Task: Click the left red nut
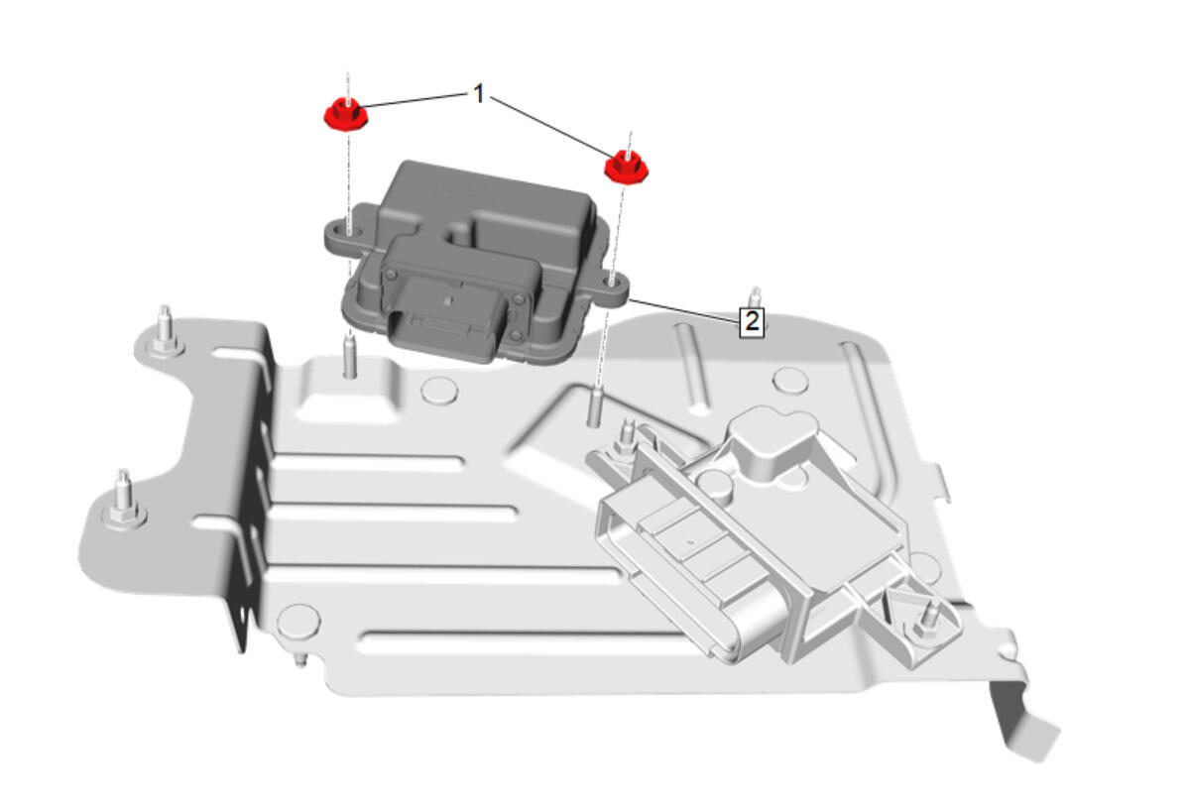click(x=346, y=114)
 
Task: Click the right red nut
click(x=626, y=167)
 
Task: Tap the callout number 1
click(x=478, y=94)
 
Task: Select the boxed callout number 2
click(x=751, y=321)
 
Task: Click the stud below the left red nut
click(x=349, y=356)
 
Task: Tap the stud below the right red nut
click(x=595, y=406)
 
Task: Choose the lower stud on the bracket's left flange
click(x=123, y=500)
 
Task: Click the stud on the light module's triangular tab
click(x=927, y=618)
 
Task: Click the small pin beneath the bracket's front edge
click(x=299, y=659)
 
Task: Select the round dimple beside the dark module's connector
click(x=439, y=390)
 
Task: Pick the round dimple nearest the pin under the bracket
click(x=298, y=622)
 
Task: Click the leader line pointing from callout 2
click(x=683, y=311)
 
